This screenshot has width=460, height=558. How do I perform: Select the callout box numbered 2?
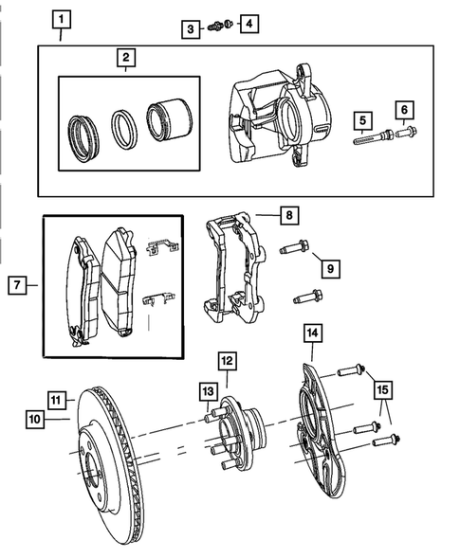[x=124, y=59]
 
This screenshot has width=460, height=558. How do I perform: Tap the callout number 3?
[x=191, y=29]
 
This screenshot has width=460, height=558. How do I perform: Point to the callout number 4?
[x=248, y=23]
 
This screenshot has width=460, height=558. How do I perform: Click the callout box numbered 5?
[x=361, y=120]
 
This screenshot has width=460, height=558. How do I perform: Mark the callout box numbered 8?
[x=288, y=216]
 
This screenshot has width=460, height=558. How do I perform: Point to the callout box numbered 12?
[x=227, y=361]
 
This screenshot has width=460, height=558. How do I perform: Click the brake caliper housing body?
[x=275, y=118]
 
